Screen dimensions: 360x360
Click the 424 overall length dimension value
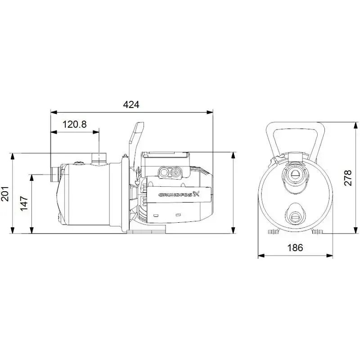point(131,105)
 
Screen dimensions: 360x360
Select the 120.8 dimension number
point(74,125)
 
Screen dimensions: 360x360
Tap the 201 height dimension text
point(5,193)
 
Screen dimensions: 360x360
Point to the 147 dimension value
point(25,203)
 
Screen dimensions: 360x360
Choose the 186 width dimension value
point(295,248)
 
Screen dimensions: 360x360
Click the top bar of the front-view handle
point(295,126)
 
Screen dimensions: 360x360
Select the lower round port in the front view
point(295,211)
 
